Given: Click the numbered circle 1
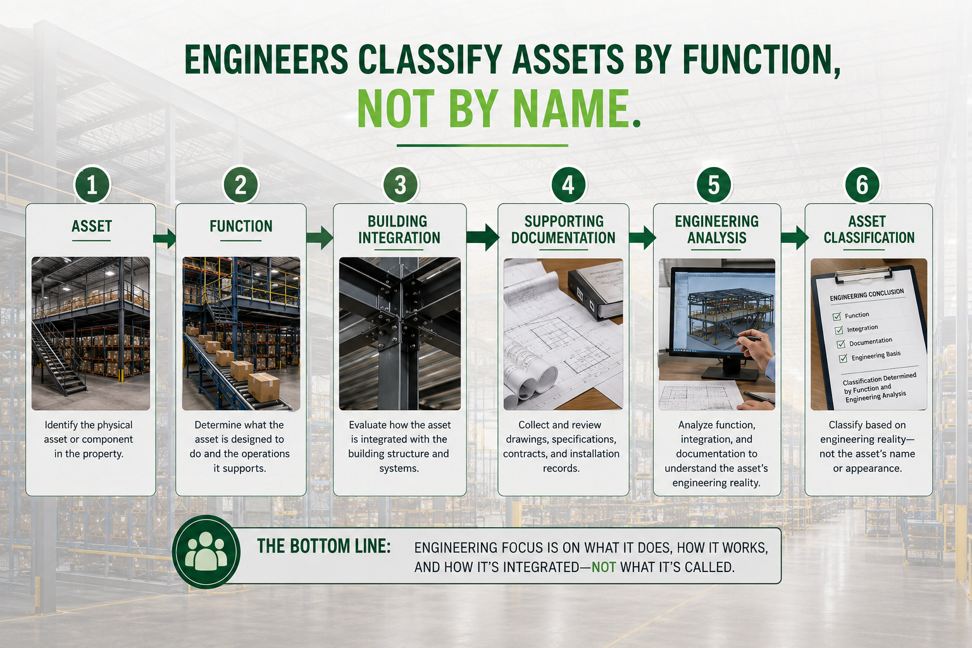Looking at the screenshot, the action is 92,185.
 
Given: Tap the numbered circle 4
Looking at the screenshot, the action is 568,185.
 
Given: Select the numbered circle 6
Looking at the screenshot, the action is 863,185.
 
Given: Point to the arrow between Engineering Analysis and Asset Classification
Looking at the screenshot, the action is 795,237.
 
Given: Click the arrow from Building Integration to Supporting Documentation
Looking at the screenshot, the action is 483,237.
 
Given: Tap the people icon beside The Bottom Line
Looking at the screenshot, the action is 206,552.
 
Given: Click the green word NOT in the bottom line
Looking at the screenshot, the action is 604,567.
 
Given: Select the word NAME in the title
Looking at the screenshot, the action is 571,108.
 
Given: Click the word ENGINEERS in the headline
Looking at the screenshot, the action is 266,59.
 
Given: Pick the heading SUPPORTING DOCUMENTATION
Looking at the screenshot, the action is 563,230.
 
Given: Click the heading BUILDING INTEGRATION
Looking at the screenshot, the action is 399,230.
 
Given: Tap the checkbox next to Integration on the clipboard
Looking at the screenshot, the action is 838,330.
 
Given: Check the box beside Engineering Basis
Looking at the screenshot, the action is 843,359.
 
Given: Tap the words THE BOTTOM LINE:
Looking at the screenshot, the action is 324,546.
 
